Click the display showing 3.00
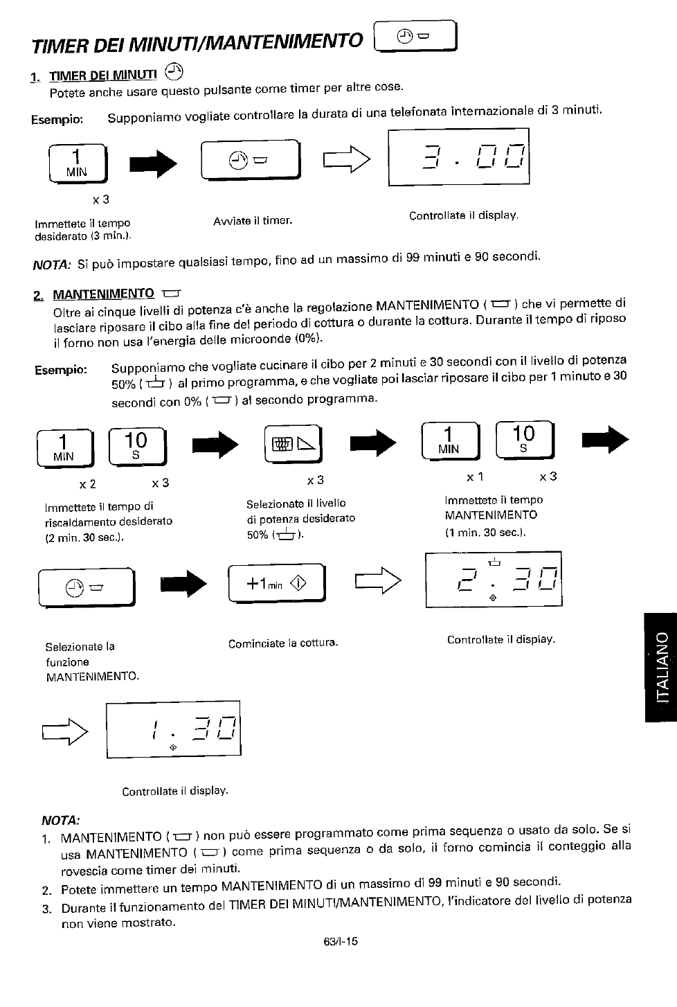[459, 157]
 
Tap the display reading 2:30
[494, 580]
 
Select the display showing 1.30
[174, 729]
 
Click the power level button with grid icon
[294, 444]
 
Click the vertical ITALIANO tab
[661, 667]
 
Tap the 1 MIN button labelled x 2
[66, 448]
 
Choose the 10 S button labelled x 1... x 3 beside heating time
[138, 447]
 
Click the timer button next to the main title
[415, 37]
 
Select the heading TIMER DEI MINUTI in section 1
[103, 75]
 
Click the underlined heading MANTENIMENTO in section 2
[103, 294]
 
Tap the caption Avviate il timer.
[253, 221]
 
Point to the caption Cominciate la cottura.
[283, 643]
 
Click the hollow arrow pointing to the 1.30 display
[65, 732]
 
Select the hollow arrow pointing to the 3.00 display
[347, 159]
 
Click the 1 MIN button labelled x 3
[78, 163]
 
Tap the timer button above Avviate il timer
[251, 159]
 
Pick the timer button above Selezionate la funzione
[87, 587]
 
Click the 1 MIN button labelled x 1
[451, 440]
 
